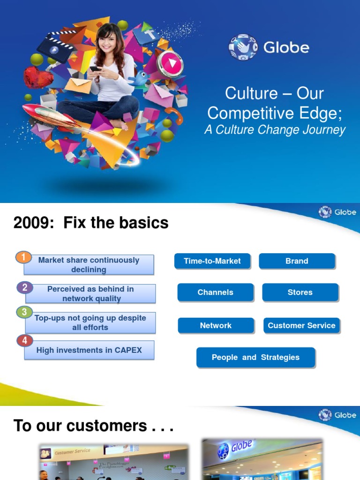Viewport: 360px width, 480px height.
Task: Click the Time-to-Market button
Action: (212, 261)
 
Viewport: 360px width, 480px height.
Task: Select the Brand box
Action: (297, 261)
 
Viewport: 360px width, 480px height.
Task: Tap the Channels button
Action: (215, 292)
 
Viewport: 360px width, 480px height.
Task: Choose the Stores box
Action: (300, 292)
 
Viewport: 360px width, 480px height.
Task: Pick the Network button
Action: (216, 325)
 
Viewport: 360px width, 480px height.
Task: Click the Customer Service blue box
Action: (301, 325)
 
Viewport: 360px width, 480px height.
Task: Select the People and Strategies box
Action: (255, 357)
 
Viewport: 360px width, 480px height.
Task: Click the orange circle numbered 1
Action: (23, 258)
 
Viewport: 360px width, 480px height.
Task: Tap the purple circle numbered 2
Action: (24, 287)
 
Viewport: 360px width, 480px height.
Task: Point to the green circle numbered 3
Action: (24, 312)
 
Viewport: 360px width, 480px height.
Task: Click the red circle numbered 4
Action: (24, 341)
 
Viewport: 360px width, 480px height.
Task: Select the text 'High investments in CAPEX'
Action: (89, 350)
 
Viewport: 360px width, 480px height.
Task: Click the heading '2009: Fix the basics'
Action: (91, 223)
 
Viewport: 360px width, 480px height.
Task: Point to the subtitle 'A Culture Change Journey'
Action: (275, 130)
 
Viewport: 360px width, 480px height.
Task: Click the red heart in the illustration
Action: (37, 77)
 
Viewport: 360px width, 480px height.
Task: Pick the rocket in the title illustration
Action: (47, 114)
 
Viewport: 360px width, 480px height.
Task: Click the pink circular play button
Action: (169, 63)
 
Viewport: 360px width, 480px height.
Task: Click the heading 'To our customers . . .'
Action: (94, 426)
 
